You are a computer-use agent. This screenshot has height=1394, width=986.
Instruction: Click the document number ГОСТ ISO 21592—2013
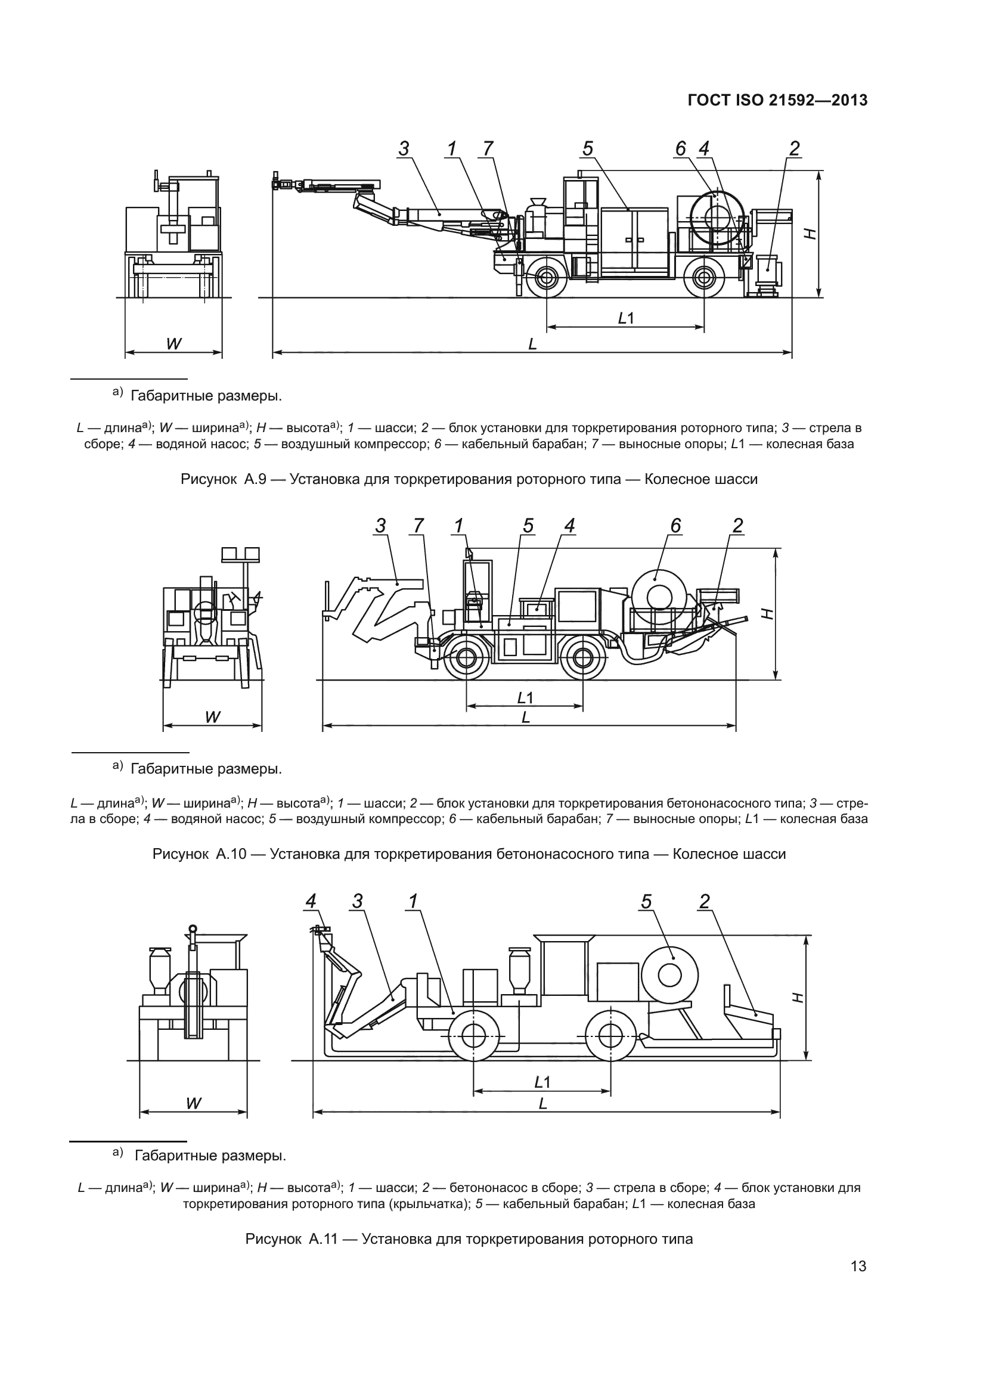[777, 100]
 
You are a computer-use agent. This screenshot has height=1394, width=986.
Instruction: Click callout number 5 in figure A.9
[588, 148]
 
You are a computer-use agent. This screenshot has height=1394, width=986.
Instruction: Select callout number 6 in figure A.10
[676, 525]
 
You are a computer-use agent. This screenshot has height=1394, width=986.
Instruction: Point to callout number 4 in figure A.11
[311, 902]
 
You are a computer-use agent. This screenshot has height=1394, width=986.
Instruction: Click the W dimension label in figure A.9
[173, 344]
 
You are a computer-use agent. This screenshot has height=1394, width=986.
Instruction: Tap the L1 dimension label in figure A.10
[525, 698]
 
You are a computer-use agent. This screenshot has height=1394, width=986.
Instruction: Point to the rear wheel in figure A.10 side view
[582, 657]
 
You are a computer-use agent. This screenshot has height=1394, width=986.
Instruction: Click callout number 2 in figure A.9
[794, 148]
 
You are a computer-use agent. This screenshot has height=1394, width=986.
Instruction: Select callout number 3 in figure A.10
[381, 526]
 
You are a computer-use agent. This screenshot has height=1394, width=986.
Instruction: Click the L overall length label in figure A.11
[543, 1104]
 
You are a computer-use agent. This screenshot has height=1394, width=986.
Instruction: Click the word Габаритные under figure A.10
[168, 769]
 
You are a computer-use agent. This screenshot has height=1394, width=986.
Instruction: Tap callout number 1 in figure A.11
[414, 902]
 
